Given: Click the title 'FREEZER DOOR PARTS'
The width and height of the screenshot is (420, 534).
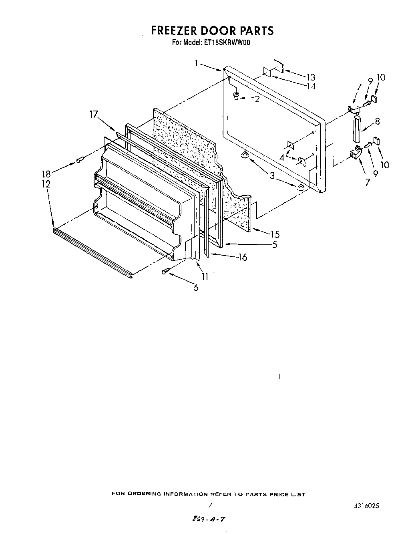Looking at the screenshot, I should click(212, 30).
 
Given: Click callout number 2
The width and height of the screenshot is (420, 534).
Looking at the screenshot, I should click(257, 99).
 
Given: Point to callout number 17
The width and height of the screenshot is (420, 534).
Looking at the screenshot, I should click(93, 115).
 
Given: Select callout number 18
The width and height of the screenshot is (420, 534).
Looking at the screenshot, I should click(47, 174).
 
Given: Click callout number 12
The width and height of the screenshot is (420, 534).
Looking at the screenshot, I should click(46, 184).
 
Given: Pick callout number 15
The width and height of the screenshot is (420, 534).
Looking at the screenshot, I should click(275, 234).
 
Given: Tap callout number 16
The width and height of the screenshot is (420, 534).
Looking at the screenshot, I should click(243, 257).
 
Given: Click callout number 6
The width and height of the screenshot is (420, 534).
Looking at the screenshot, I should click(195, 287).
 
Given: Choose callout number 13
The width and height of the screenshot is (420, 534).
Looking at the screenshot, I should click(311, 77).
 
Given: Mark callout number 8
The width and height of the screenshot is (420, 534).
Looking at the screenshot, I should click(377, 121).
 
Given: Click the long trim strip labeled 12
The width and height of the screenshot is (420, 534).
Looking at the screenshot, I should click(92, 253).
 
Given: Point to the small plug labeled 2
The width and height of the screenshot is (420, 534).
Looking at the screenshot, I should click(237, 95).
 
